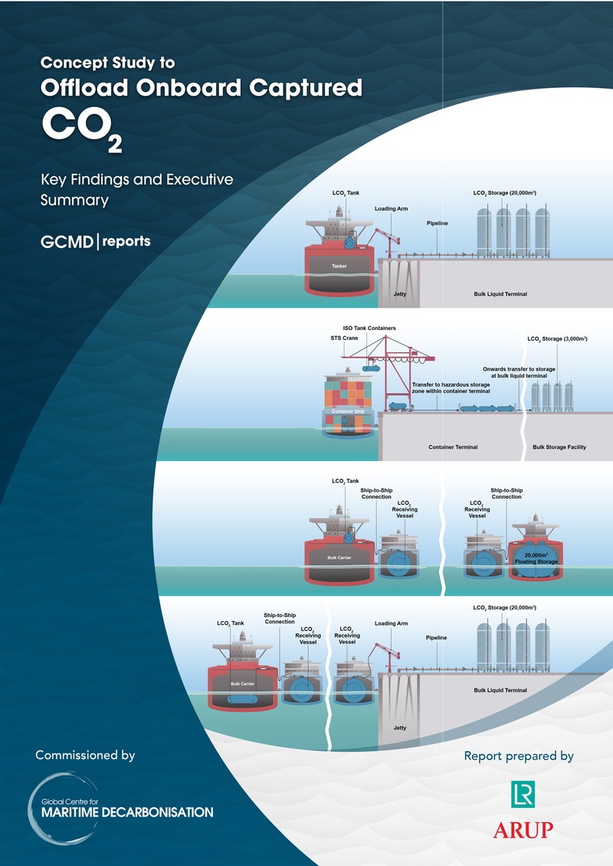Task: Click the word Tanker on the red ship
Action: click(339, 266)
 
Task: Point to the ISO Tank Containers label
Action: click(369, 328)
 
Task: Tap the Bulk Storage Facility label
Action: click(559, 447)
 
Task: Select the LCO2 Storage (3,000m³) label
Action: click(557, 338)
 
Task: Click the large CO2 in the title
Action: click(80, 127)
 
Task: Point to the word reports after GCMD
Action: click(127, 241)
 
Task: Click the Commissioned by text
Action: click(85, 755)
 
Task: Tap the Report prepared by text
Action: click(519, 756)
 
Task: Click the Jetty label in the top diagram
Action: click(399, 294)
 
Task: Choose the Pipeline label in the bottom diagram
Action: click(436, 637)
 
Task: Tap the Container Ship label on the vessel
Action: click(348, 411)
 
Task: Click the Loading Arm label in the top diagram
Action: click(390, 208)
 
